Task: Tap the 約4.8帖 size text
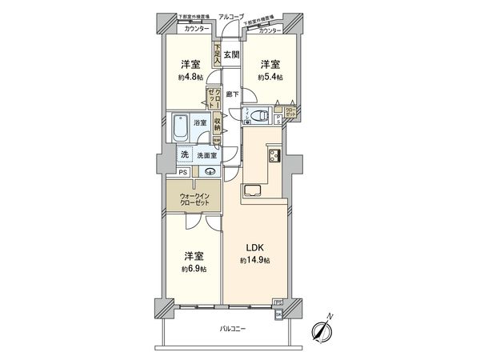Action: point(190,78)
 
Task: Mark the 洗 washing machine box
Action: point(184,154)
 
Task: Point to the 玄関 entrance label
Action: point(230,55)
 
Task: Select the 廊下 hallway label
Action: point(231,94)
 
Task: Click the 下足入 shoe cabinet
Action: point(216,55)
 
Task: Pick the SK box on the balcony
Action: point(278,314)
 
